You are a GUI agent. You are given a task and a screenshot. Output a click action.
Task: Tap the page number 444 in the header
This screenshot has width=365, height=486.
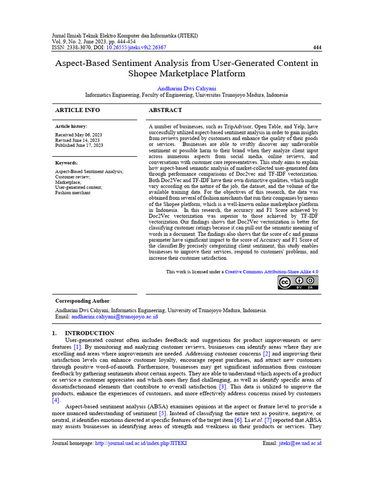317,47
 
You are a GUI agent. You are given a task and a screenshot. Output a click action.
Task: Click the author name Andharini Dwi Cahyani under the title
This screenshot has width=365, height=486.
186,88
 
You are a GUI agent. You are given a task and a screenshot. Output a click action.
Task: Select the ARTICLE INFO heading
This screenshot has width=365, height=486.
77,110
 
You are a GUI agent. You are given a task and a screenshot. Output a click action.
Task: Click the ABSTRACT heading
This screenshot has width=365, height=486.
165,110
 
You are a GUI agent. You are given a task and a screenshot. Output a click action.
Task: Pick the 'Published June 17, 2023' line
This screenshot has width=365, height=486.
79,145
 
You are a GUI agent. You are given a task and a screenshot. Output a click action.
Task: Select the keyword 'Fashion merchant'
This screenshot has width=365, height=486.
73,193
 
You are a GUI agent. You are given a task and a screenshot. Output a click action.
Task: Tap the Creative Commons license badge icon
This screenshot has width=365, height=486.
298,282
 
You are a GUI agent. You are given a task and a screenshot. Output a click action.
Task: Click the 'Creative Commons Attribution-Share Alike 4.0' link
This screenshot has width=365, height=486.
271,272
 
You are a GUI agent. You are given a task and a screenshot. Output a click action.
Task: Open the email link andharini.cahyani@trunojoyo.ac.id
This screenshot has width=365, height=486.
114,316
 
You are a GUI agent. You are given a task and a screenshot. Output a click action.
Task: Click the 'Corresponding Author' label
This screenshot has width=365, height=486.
82,301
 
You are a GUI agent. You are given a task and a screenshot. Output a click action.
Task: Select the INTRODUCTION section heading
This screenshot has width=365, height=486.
89,333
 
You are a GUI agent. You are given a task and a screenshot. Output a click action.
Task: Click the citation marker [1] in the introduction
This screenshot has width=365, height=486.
77,347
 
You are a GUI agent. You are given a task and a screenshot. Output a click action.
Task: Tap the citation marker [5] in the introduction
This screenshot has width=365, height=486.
162,413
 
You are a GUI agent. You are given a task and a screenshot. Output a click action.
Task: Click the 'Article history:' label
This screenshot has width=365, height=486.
71,126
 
